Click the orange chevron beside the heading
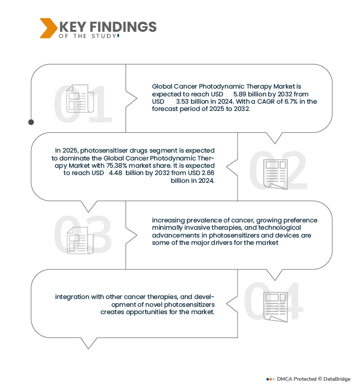coord(48,28)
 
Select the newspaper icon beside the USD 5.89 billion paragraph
coord(80,98)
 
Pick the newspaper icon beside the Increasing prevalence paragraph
coord(80,240)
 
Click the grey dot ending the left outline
coord(31,122)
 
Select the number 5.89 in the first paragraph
coord(242,94)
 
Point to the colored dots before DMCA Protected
coord(271,379)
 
